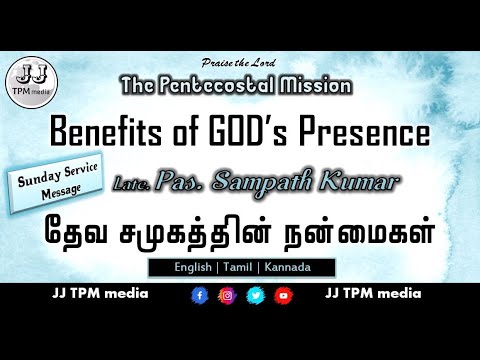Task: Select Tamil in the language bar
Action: (x=242, y=268)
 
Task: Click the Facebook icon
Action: (x=199, y=296)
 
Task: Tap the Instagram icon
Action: (x=227, y=296)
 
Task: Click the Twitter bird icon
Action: (x=255, y=296)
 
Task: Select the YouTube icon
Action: (x=283, y=296)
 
